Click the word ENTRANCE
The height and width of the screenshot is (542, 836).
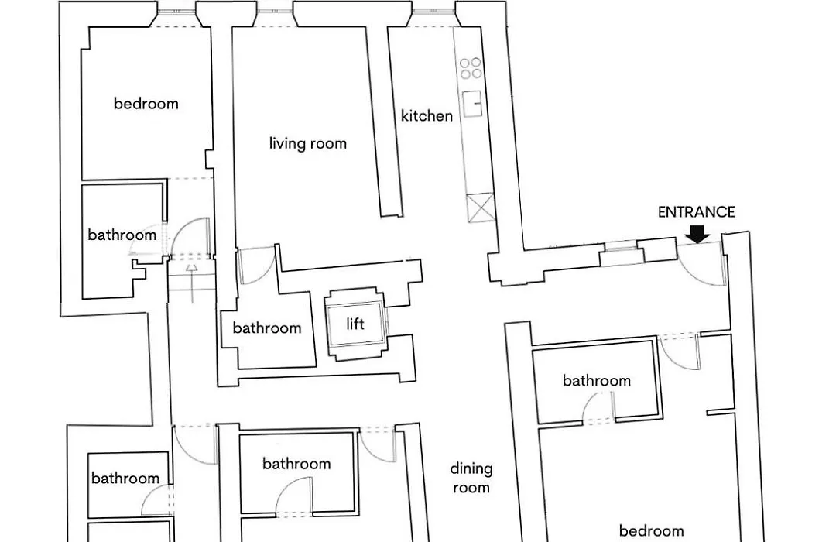coord(697,212)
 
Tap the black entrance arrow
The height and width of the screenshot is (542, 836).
coord(697,234)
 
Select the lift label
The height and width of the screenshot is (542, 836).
coord(355,324)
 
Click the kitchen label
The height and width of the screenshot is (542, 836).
coord(427,116)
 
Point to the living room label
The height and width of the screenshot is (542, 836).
coord(307,143)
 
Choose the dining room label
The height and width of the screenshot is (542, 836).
coord(471,478)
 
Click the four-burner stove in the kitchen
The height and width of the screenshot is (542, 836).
coord(471,68)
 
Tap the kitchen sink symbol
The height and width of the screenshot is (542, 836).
coord(472,104)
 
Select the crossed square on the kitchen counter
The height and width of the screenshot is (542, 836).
coord(481,208)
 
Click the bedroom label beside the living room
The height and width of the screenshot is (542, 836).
coord(146,104)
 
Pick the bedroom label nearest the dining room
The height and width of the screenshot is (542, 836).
coord(651,531)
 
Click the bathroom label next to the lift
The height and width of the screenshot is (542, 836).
coord(266,328)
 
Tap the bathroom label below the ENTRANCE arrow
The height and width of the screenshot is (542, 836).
coord(597,380)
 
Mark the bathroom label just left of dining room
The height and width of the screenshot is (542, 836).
coord(296,464)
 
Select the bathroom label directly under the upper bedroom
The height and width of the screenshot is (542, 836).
coord(122,235)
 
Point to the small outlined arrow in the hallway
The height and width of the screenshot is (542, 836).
coord(192,283)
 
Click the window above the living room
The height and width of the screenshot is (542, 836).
coord(274,11)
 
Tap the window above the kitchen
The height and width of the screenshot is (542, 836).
coord(433,11)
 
